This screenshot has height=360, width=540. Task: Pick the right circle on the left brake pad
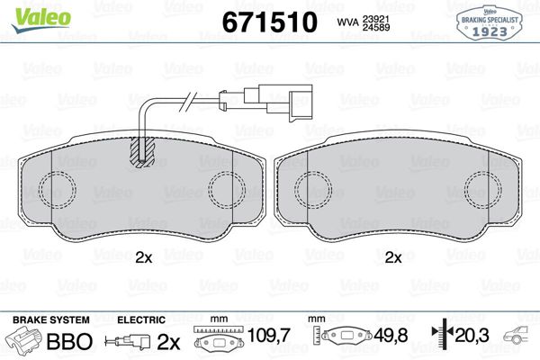(x=226, y=192)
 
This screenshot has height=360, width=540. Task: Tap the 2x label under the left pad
(x=143, y=257)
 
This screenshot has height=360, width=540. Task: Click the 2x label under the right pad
(x=392, y=257)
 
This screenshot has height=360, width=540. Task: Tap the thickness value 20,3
(x=472, y=337)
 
